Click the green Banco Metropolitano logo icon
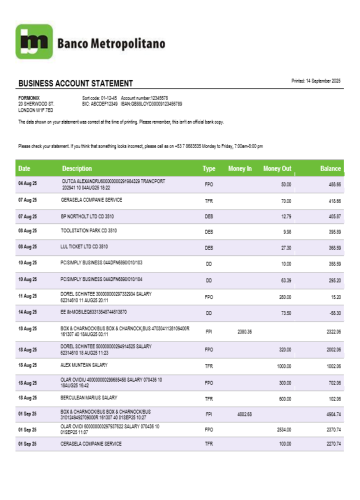(33, 42)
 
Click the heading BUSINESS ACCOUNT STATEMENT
(75, 83)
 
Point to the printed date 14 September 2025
(315, 80)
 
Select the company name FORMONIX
(28, 98)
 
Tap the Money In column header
(240, 168)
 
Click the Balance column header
(330, 168)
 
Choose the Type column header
(209, 168)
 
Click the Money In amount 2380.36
(244, 331)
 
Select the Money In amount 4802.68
(244, 414)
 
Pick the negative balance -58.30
(334, 313)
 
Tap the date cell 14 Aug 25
(27, 312)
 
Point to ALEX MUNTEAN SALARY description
(84, 365)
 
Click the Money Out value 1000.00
(284, 366)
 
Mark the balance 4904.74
(333, 414)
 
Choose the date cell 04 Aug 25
(27, 184)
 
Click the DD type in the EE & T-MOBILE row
(209, 313)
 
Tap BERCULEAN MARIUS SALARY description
(89, 398)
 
